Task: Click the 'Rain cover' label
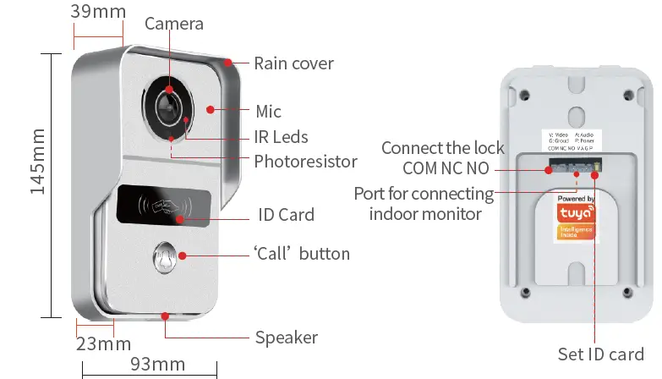click(x=293, y=63)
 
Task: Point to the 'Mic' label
click(x=268, y=112)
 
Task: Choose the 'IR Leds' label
click(x=281, y=137)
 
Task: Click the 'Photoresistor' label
click(x=305, y=161)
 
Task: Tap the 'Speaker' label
click(x=286, y=338)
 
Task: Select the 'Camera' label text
click(x=174, y=23)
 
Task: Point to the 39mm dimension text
click(x=98, y=12)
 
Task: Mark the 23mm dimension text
click(x=103, y=343)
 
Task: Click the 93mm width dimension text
click(x=156, y=365)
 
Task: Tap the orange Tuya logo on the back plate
click(x=576, y=217)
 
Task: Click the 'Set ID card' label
click(x=601, y=354)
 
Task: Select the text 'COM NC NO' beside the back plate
click(x=443, y=168)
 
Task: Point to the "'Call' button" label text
click(x=302, y=254)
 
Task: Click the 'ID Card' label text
click(x=286, y=215)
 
